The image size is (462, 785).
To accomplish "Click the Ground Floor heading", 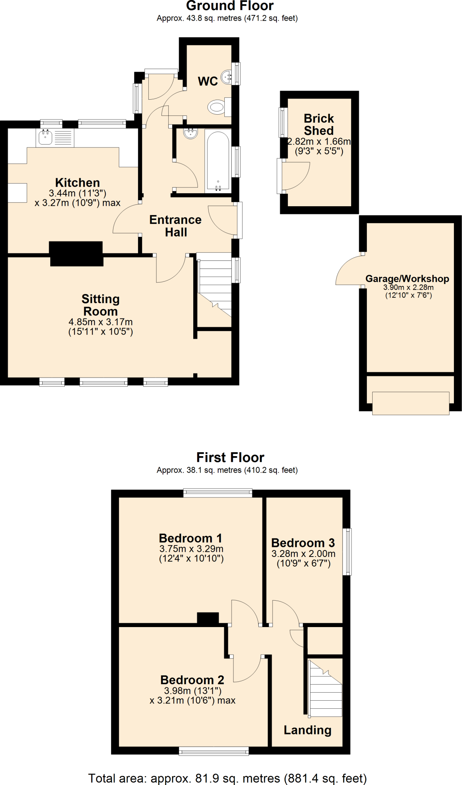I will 230,6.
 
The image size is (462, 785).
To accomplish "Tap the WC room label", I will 208,81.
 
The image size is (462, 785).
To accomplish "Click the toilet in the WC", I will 217,107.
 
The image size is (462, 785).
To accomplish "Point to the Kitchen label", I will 77,182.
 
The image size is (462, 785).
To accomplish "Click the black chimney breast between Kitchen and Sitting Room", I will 76,253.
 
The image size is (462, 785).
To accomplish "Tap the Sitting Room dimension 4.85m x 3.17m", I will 100,322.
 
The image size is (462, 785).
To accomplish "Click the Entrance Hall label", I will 176,226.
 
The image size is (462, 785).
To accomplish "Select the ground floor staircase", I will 215,286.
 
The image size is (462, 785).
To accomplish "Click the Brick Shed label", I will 319,124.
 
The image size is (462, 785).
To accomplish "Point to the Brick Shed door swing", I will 295,176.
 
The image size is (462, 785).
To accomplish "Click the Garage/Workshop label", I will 407,279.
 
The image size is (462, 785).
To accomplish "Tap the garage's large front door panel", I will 410,403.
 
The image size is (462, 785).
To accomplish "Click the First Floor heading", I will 230,457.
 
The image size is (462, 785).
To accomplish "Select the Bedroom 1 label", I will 191,538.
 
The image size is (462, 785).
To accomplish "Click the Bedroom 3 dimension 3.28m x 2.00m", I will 303,553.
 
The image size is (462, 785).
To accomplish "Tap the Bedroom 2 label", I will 192,680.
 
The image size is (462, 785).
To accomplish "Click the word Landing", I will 307,730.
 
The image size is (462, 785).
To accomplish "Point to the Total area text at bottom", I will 227,778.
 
